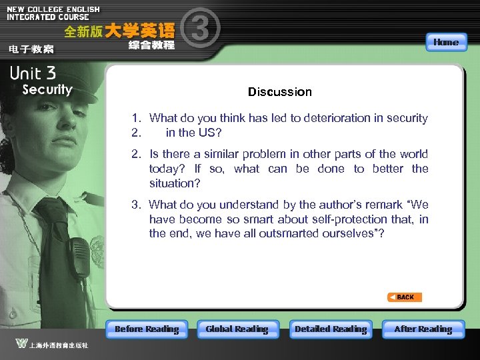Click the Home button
445,42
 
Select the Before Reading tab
147,329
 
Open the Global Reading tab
237,329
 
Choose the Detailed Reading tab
331,329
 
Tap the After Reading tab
423,329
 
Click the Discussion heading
279,92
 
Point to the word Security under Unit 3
47,89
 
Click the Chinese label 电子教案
31,49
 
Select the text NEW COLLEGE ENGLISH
53,9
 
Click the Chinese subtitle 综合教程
151,45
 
